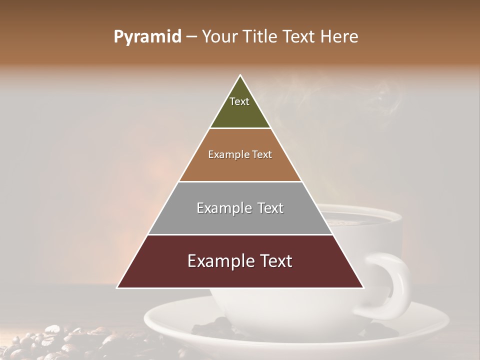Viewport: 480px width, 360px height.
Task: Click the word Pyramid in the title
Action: pos(147,37)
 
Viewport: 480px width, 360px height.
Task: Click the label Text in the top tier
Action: pos(239,101)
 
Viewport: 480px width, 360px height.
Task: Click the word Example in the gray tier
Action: pos(219,208)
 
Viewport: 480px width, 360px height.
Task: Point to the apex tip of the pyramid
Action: pos(240,76)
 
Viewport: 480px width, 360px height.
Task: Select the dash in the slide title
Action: pos(191,37)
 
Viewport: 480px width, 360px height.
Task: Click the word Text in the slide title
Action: pos(299,37)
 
